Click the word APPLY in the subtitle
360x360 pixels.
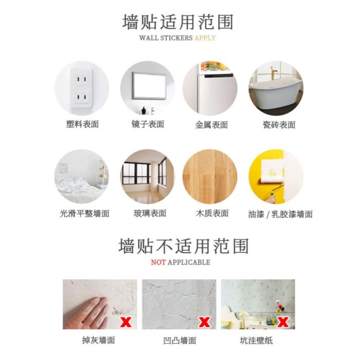205,38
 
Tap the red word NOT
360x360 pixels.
158,262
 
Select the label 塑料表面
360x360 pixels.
82,124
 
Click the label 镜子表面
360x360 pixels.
148,124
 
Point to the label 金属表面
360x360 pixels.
211,125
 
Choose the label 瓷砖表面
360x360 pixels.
279,125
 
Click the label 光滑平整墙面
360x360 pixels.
84,213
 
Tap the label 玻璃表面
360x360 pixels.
150,213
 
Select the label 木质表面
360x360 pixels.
212,213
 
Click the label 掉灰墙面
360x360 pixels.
99,340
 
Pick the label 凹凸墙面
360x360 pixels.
179,340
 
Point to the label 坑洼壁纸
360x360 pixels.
256,340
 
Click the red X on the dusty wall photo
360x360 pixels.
126,322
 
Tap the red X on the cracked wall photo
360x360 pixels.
204,322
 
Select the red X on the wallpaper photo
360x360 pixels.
283,322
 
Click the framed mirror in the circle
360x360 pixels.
149,86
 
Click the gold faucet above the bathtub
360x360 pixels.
274,71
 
